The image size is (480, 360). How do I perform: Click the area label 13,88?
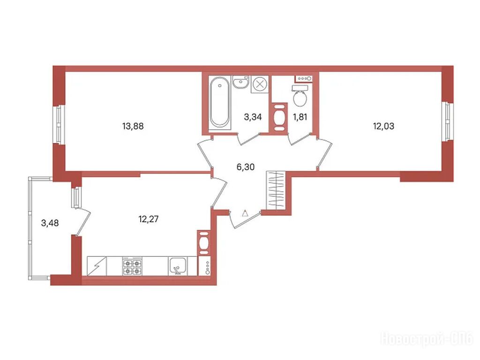tap(133, 126)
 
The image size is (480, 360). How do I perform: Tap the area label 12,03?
tap(383, 126)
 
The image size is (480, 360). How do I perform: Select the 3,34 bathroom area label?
tap(253, 117)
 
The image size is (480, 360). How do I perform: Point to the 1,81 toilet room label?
tap(300, 117)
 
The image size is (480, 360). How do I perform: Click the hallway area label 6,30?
tap(246, 167)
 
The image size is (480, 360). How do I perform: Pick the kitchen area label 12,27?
tap(149, 219)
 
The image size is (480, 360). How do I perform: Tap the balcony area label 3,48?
tap(50, 223)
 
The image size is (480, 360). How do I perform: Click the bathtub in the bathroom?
tap(220, 102)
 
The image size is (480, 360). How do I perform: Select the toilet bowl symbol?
tap(300, 96)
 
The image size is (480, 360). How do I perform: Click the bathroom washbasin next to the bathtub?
tap(240, 82)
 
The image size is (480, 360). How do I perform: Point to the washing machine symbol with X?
tap(260, 84)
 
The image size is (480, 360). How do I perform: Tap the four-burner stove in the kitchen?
tap(132, 266)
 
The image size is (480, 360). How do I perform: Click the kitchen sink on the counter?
tap(178, 266)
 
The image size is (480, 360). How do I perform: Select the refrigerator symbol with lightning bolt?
tap(97, 266)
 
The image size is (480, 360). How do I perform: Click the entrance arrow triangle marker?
tap(245, 213)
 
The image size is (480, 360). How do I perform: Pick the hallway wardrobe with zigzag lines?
tap(276, 190)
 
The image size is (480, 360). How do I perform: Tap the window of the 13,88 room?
tap(59, 124)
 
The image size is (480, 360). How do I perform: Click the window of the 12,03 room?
tap(448, 122)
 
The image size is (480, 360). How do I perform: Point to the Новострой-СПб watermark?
tap(427, 339)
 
